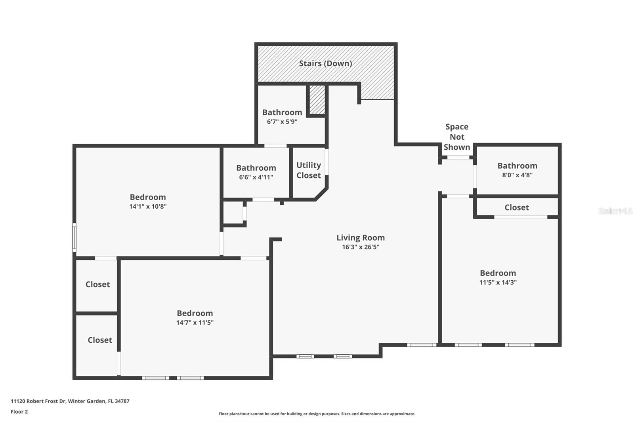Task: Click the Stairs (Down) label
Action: click(325, 63)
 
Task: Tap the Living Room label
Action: click(361, 238)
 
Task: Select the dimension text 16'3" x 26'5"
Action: click(361, 247)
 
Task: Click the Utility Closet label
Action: click(309, 170)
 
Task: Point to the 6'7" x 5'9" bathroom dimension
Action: click(282, 122)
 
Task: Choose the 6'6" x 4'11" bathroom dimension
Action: click(256, 177)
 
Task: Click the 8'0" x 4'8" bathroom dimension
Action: click(517, 175)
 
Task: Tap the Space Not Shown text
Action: click(456, 137)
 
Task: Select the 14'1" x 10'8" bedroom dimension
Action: click(148, 206)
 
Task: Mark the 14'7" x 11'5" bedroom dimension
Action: click(195, 322)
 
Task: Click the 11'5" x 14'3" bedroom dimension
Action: click(498, 282)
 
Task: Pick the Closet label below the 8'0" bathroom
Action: click(516, 207)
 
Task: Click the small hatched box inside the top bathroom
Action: click(317, 99)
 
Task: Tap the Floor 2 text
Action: click(19, 412)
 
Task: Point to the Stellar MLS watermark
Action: click(615, 211)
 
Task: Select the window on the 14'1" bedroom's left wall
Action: click(74, 238)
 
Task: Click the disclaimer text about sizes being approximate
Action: click(317, 414)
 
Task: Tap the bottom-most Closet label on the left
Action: click(99, 340)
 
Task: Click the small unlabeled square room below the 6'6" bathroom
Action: click(233, 213)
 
